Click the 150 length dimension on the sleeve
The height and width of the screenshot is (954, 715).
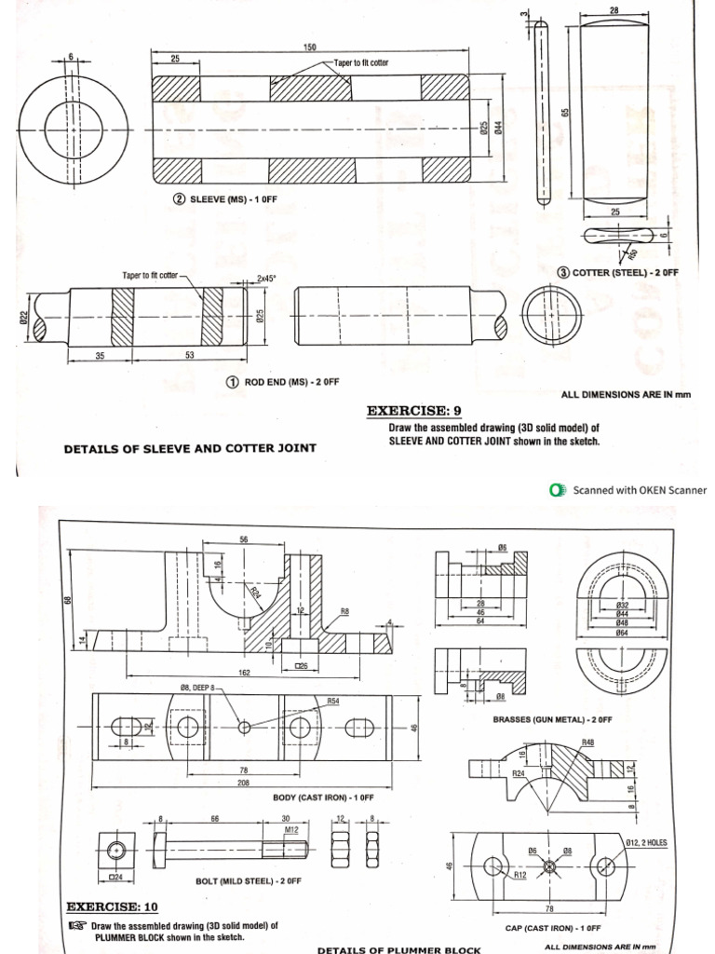pos(309,47)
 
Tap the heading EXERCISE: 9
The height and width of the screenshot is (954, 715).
pos(413,410)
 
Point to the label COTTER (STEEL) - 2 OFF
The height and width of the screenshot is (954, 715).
pos(617,272)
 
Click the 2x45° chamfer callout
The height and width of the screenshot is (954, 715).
pos(269,278)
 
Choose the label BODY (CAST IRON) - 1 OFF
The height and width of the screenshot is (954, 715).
pos(323,798)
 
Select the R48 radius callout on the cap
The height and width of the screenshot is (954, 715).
pos(588,742)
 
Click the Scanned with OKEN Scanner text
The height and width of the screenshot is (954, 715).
pos(639,490)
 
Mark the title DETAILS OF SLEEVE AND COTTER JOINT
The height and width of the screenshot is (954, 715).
pos(190,448)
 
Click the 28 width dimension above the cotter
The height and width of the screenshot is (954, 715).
pos(613,9)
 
